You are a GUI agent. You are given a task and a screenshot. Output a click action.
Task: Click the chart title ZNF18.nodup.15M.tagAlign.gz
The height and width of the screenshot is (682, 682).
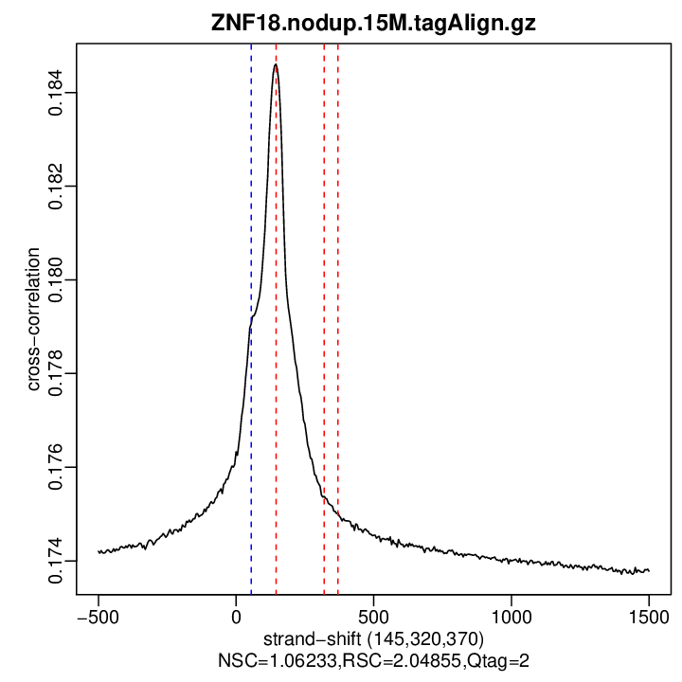(x=373, y=24)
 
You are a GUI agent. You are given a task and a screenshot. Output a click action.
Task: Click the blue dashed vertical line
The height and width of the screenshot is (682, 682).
(x=251, y=284)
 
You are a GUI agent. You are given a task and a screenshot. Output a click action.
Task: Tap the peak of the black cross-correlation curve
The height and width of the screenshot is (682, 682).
(x=276, y=65)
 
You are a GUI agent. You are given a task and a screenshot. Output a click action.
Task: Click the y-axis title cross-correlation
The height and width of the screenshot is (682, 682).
(x=33, y=319)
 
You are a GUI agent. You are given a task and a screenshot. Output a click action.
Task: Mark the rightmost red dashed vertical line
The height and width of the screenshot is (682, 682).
(x=338, y=284)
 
